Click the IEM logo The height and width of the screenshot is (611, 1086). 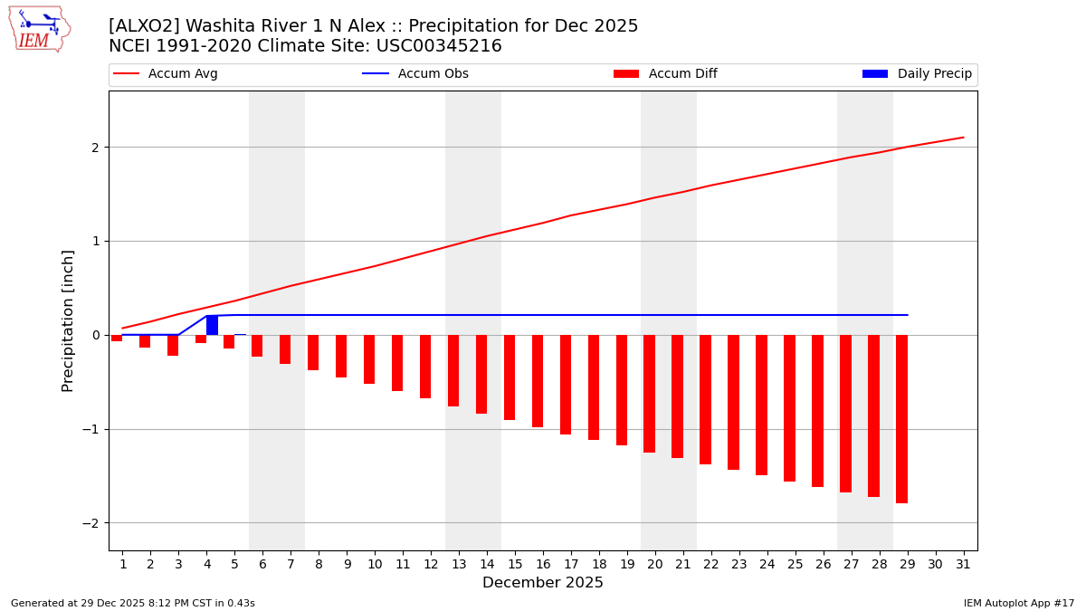click(39, 29)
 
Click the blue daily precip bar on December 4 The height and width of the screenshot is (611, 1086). click(212, 325)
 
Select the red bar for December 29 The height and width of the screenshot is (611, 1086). click(901, 419)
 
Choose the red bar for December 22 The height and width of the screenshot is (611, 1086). click(705, 399)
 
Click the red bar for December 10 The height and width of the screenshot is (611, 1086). click(369, 359)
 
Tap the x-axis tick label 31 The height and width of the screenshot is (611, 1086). click(963, 564)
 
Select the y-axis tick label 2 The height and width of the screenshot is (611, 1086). click(94, 148)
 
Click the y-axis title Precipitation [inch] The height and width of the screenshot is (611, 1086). click(69, 320)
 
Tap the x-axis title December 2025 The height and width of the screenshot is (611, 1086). click(543, 583)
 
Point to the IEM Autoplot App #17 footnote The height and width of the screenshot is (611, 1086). click(1019, 603)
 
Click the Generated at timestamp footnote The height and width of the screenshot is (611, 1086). click(133, 603)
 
